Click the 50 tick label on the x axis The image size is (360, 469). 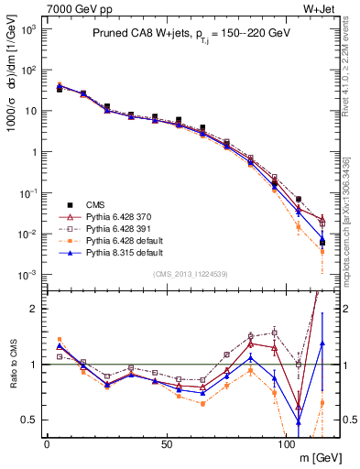[166, 443]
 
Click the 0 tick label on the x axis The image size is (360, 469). [47, 443]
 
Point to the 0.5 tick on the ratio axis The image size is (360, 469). [30, 420]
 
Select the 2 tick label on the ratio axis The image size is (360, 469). [35, 309]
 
